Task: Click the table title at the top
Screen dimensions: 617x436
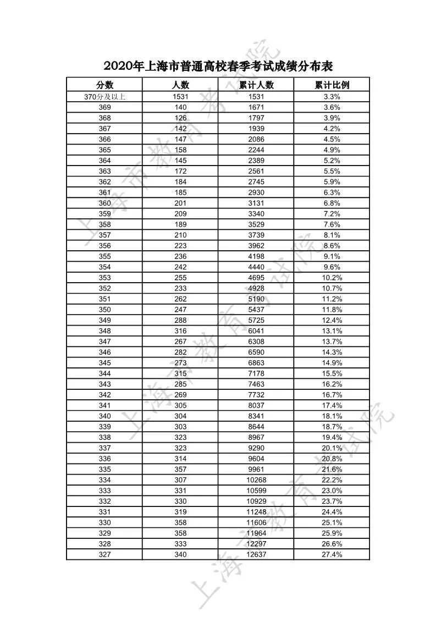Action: tap(218, 67)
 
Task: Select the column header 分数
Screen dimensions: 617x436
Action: tap(104, 85)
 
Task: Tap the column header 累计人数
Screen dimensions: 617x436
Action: tap(256, 85)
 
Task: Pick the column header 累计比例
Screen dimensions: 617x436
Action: tap(332, 85)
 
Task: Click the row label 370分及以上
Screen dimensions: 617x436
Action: tap(104, 97)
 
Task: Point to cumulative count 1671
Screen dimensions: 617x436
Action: tap(256, 107)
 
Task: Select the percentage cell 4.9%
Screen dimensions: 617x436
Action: tap(332, 150)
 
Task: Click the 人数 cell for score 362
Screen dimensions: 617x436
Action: tap(180, 182)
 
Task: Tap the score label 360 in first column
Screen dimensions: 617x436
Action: tap(104, 203)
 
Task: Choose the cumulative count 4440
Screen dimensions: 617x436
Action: tap(256, 267)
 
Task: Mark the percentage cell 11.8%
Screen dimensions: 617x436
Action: tap(332, 310)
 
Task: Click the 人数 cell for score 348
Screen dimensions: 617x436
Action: tap(180, 331)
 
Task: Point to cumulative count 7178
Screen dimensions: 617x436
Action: tap(256, 373)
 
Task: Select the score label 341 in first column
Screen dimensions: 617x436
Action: tap(104, 405)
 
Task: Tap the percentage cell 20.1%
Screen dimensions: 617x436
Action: tap(332, 448)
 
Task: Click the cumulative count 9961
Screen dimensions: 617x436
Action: tap(256, 469)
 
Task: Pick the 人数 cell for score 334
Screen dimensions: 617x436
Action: tap(180, 480)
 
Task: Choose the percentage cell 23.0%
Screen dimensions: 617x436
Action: tap(332, 491)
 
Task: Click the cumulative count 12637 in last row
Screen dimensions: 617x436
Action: tap(256, 554)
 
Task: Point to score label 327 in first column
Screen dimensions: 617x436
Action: tap(104, 554)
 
